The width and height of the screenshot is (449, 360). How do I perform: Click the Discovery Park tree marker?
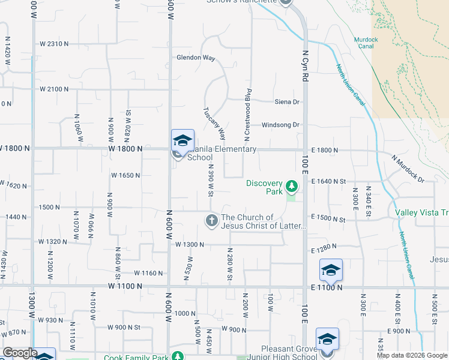[292, 185]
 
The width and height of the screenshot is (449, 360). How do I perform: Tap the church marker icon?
[211, 220]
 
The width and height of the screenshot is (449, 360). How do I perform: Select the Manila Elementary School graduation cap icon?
[182, 141]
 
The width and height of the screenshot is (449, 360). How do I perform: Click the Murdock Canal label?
[366, 43]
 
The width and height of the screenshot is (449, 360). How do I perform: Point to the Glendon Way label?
[196, 58]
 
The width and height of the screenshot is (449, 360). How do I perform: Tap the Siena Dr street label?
[286, 102]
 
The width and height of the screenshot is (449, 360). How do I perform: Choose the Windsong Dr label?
[280, 125]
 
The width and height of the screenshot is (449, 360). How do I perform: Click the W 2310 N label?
[54, 44]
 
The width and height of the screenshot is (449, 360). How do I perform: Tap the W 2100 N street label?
[54, 89]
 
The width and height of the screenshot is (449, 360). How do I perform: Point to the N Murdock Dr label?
[408, 169]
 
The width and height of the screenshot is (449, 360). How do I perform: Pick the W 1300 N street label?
[190, 245]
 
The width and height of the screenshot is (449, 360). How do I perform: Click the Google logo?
[20, 352]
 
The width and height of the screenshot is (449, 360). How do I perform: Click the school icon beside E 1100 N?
[331, 270]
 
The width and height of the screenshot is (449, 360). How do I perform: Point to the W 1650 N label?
[125, 175]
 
